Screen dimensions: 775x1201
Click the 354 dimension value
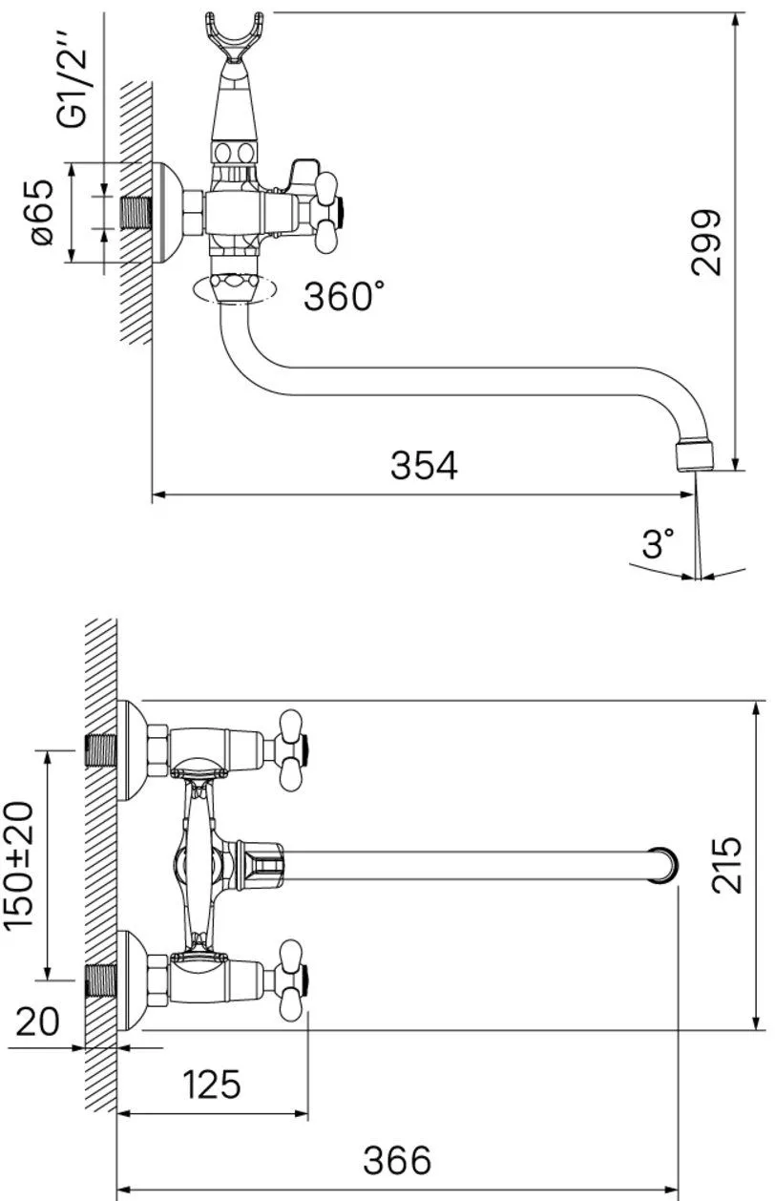click(x=424, y=465)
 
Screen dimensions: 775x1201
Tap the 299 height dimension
click(x=706, y=242)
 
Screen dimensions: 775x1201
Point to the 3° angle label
click(x=658, y=542)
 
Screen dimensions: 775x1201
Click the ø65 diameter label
click(x=43, y=212)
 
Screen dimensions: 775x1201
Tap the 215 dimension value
click(x=726, y=865)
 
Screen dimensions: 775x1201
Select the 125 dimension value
click(x=212, y=1084)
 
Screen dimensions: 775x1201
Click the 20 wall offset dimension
click(x=38, y=1022)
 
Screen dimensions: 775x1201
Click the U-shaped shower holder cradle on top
click(x=235, y=36)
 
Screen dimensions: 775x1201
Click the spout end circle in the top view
click(x=663, y=865)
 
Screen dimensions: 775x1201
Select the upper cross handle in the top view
click(x=292, y=750)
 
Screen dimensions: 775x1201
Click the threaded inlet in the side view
click(x=136, y=213)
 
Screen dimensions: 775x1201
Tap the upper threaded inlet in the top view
click(x=101, y=750)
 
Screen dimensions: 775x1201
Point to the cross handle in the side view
click(x=327, y=213)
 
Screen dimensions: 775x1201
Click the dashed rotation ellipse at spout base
click(x=234, y=290)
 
